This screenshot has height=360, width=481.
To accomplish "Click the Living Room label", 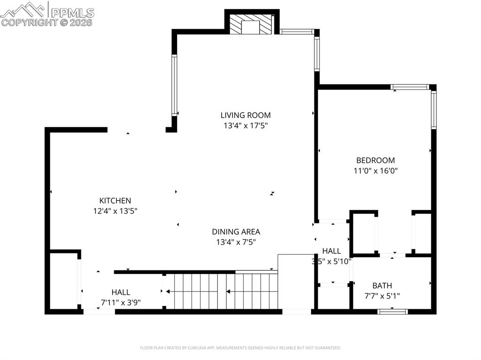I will tap(245, 115).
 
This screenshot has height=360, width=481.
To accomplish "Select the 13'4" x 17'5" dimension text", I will tap(245, 125).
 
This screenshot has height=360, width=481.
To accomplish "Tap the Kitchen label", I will tap(115, 200).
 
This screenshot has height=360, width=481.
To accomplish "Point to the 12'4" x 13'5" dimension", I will tap(115, 211).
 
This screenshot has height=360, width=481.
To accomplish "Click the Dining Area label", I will tap(236, 231).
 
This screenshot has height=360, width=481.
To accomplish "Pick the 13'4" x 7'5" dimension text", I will tap(236, 242).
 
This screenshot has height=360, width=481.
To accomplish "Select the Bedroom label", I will tap(375, 160).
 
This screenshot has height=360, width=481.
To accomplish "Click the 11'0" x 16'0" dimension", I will tap(375, 171).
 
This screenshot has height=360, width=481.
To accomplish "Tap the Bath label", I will tap(382, 285).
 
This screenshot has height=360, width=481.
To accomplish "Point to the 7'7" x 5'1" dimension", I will tap(382, 296).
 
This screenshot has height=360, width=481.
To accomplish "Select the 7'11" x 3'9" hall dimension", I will tap(121, 302).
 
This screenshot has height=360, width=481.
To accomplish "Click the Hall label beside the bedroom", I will tap(331, 251).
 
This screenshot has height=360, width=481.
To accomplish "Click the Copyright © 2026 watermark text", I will tap(47, 22).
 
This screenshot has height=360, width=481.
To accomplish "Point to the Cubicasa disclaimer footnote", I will tap(240, 348).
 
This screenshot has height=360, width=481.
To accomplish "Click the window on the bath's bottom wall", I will tap(392, 311).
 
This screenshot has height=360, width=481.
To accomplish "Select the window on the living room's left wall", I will tap(174, 85).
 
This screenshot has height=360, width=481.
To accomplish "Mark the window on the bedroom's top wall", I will tap(410, 87).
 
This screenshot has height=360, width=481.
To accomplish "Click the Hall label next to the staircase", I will tap(121, 292).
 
